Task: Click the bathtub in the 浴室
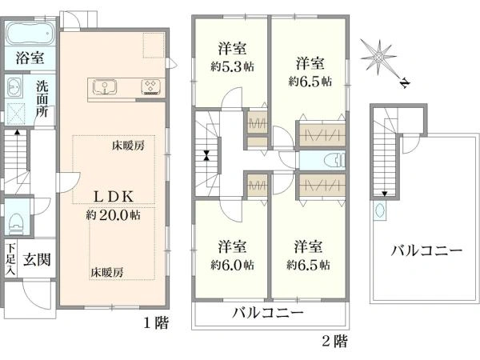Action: [29, 35]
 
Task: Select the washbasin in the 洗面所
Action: [14, 87]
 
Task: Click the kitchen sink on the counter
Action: [105, 86]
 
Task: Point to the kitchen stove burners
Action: [150, 86]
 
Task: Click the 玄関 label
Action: [36, 258]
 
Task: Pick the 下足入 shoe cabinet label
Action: [10, 258]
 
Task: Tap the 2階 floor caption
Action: [334, 341]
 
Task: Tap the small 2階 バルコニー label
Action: [267, 312]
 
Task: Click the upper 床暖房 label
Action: [128, 146]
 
